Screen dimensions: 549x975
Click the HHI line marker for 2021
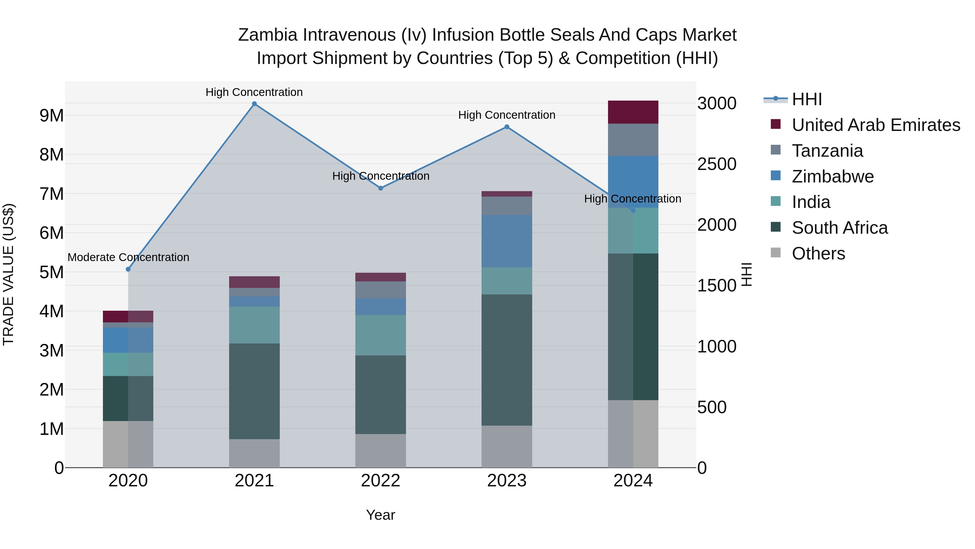pyautogui.click(x=254, y=104)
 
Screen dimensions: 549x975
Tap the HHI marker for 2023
pyautogui.click(x=507, y=127)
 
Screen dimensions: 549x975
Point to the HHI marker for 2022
pyautogui.click(x=381, y=188)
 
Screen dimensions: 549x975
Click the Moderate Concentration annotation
pyautogui.click(x=128, y=257)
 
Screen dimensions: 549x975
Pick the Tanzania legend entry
pyautogui.click(x=827, y=151)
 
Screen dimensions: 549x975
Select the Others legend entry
pyautogui.click(x=818, y=253)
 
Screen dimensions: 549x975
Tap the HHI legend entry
pyautogui.click(x=806, y=99)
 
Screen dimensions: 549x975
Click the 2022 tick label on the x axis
pyautogui.click(x=381, y=481)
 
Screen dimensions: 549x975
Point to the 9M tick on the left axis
pyautogui.click(x=51, y=115)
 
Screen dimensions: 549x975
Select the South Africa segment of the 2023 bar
pyautogui.click(x=507, y=360)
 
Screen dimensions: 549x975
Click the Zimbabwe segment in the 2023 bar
pyautogui.click(x=507, y=241)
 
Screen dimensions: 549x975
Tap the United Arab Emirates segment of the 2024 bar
pyautogui.click(x=633, y=112)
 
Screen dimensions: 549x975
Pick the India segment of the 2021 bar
pyautogui.click(x=254, y=325)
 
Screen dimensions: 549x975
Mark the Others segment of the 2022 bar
pyautogui.click(x=381, y=451)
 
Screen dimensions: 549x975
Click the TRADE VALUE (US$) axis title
pyautogui.click(x=8, y=274)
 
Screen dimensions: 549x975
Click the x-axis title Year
pyautogui.click(x=381, y=515)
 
